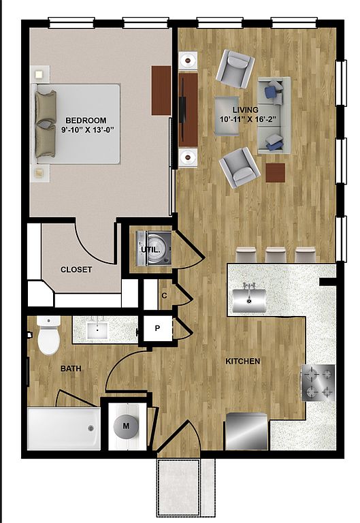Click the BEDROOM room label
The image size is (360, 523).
pos(86,121)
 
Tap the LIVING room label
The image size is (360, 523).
pos(246,110)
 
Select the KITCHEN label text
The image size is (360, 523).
pos(243,361)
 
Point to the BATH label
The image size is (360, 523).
pos(71,368)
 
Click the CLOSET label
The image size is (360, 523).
pos(76,270)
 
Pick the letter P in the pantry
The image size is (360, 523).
pos(157,328)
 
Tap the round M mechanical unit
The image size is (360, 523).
pos(126,426)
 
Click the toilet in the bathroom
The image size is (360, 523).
pos(49,335)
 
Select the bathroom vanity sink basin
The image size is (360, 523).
pos(97,330)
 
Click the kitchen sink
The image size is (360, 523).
pos(249,300)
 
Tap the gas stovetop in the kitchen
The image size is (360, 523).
pos(318,383)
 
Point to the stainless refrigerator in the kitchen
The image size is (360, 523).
pos(246,431)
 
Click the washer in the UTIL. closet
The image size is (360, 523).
pos(154,249)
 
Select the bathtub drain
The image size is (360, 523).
pos(91,428)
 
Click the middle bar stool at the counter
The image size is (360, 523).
pos(276,255)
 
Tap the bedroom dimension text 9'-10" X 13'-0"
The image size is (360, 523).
pos(85,130)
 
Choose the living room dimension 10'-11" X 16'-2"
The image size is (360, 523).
pos(246,119)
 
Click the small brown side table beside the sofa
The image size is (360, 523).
pos(276,173)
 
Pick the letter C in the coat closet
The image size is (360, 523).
pos(164,296)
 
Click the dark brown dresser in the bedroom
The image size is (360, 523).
pos(161,91)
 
